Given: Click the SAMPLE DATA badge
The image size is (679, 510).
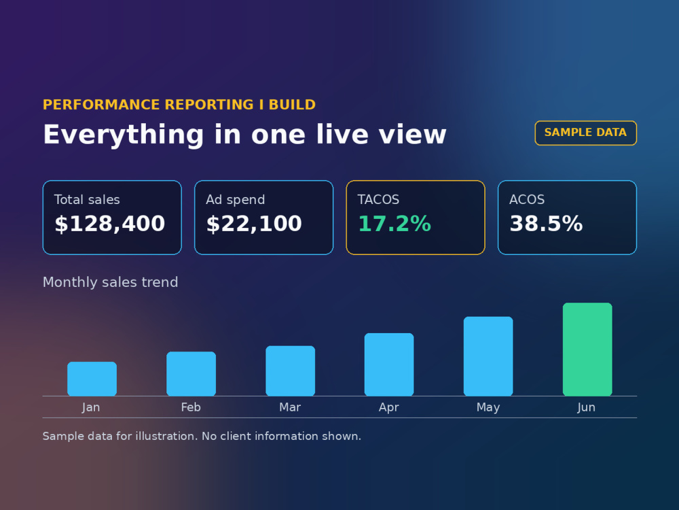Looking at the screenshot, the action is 585,133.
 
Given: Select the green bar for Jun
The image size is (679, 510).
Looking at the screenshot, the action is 587,349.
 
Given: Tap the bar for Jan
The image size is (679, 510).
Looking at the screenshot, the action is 92,379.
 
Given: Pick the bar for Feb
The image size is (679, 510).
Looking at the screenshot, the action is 191,373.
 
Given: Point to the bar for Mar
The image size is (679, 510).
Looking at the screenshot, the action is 290,371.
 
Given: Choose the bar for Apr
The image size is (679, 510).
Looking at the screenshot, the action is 389,364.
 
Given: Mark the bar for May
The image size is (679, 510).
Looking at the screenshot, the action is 488,356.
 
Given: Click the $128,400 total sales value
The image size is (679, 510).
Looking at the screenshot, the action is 109,224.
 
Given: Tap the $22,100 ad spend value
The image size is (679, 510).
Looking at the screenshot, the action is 254,224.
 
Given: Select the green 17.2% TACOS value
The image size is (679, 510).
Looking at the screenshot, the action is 394,224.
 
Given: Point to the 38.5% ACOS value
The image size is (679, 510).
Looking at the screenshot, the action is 546,224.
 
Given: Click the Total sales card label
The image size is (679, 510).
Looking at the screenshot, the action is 87,199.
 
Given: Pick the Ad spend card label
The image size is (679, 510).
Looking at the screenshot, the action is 235,199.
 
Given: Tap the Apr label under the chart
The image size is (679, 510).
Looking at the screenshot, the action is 389,407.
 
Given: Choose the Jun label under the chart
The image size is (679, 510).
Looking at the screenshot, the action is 587,407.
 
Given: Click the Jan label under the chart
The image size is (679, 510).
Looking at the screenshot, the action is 91,407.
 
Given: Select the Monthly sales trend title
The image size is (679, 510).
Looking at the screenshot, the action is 111,282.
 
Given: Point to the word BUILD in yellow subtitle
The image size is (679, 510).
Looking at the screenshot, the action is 292,105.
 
